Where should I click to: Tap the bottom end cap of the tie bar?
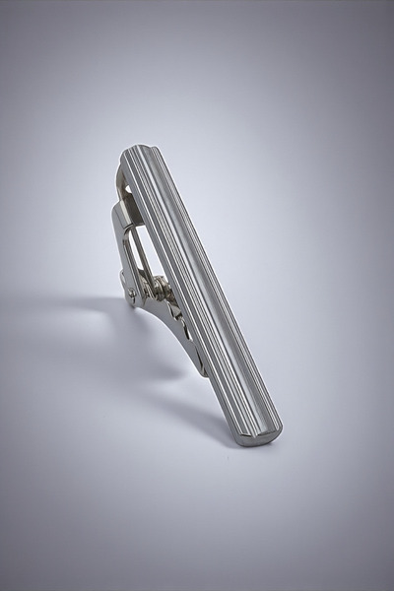[259, 437]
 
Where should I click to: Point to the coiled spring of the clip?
[157, 287]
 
